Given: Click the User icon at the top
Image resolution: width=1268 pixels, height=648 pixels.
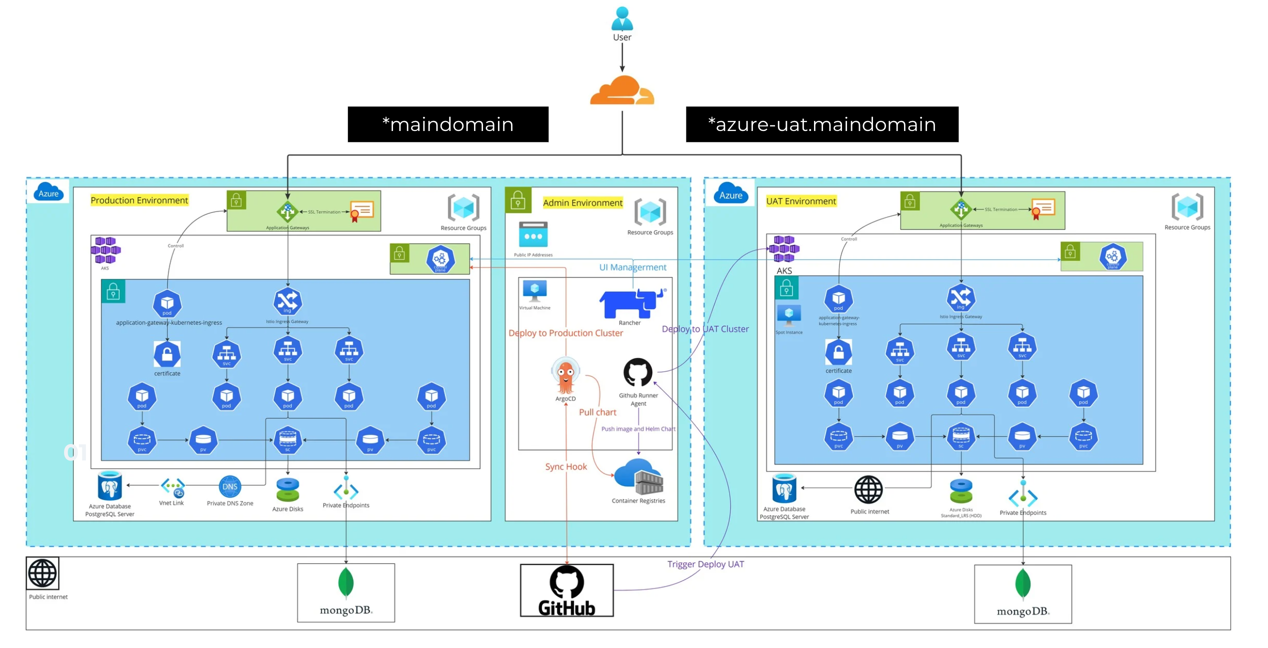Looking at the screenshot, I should tap(622, 19).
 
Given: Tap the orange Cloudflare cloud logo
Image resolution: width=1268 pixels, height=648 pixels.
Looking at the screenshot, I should tap(622, 91).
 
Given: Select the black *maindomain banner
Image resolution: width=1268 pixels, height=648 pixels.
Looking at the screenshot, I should tap(448, 124).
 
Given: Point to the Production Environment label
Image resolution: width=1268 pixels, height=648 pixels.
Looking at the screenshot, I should tap(139, 200).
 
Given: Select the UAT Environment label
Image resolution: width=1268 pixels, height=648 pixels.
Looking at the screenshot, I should tap(801, 201).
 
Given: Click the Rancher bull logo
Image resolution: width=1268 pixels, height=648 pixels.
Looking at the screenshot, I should tap(631, 303).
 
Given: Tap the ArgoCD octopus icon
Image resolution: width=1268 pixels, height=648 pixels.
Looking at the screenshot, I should tap(566, 375).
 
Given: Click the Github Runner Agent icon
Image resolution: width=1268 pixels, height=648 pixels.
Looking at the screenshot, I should tap(638, 372).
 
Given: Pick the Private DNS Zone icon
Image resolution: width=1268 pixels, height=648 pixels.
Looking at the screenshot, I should tap(230, 487).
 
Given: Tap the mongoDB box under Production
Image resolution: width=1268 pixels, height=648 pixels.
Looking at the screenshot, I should tap(346, 593).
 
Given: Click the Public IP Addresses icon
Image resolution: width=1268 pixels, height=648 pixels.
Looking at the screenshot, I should tap(533, 235).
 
